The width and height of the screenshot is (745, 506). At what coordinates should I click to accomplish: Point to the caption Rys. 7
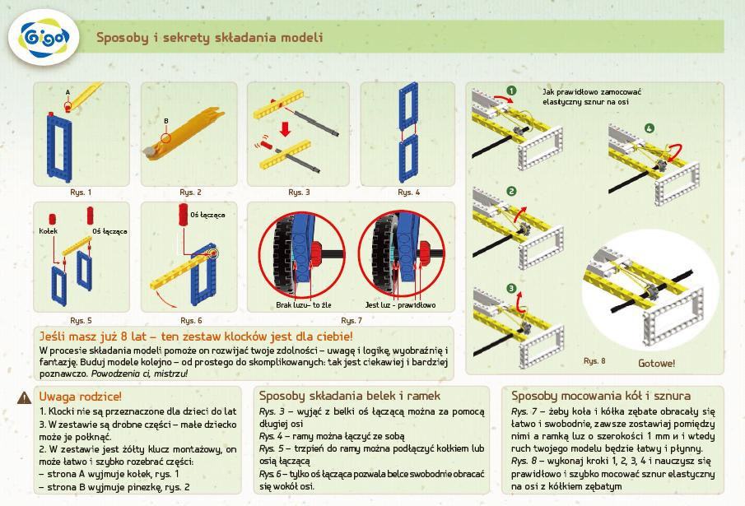pos(351,320)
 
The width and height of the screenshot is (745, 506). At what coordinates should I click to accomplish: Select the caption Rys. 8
pos(594,360)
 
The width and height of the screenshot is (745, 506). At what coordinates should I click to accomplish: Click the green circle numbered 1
pos(511,91)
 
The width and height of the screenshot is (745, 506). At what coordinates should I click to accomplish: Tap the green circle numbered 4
pos(650,128)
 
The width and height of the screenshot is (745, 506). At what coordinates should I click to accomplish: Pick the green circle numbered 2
pos(511,192)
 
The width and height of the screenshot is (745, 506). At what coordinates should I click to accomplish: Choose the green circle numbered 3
pos(511,288)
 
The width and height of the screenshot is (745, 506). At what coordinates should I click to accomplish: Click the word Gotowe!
pos(656,363)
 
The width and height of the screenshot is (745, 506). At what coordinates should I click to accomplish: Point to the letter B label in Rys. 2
pos(165,122)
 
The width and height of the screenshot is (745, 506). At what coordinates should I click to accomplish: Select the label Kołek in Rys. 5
pos(47,231)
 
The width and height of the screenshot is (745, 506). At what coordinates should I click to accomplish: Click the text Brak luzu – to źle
pos(304,305)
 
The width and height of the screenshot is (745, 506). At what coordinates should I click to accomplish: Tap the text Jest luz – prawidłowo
pos(401,305)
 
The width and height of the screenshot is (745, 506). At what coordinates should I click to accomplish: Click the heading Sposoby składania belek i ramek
pos(350,396)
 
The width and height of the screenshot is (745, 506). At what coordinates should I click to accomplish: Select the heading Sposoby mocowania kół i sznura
pos(601,396)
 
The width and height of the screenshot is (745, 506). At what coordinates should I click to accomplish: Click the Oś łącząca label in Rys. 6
pos(207,215)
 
